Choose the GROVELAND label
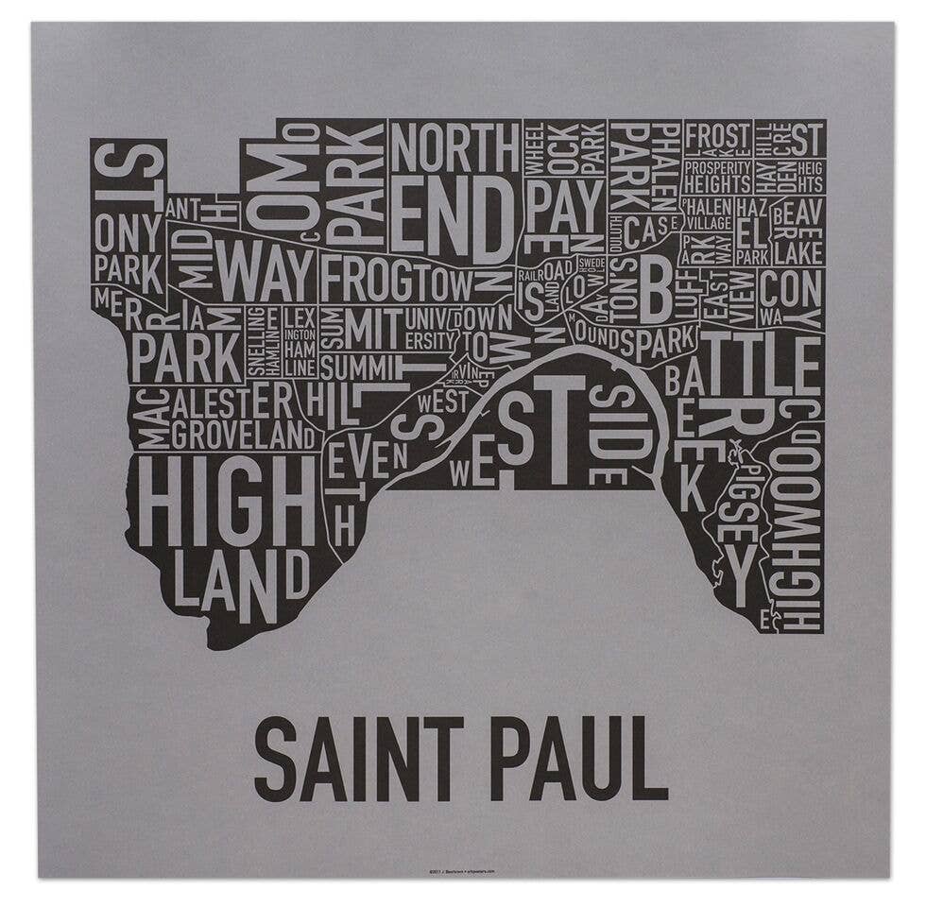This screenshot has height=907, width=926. [243, 436]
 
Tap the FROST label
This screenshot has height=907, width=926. [717, 135]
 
